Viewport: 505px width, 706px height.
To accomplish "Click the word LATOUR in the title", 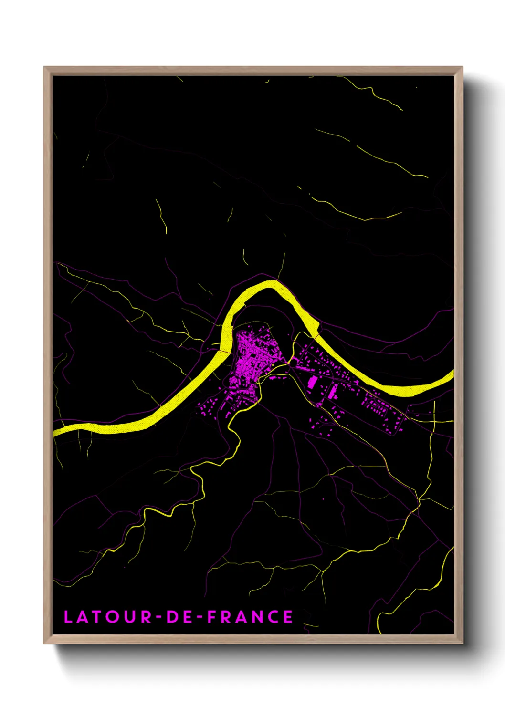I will [x=107, y=617].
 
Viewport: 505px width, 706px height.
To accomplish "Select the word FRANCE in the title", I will [x=250, y=617].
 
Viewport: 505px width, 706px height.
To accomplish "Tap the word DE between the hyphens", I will [x=179, y=617].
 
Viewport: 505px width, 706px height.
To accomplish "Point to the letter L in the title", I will [x=68, y=617].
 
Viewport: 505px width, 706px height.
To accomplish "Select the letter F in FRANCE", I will [x=211, y=617].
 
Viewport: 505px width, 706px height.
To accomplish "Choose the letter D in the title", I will [x=172, y=617].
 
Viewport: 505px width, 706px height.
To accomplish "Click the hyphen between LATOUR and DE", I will [x=159, y=617].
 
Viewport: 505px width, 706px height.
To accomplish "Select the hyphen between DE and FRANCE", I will [x=200, y=617].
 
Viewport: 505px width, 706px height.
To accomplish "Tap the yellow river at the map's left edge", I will [x=56, y=432].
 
